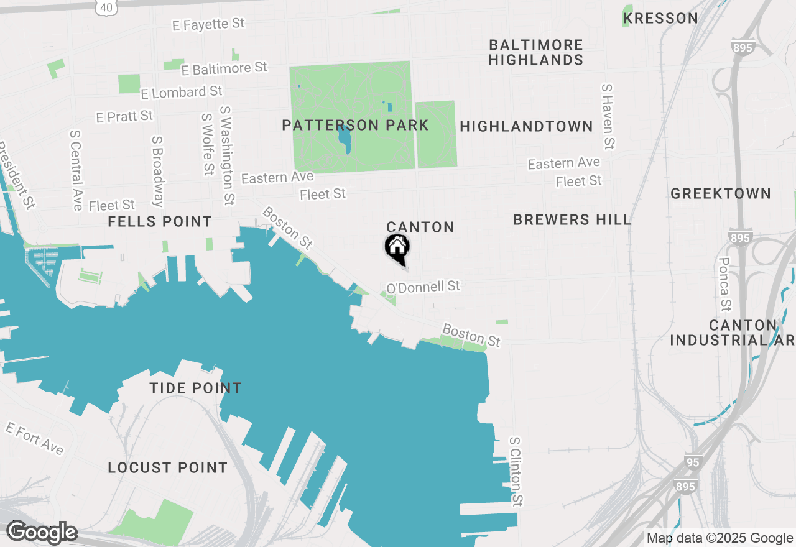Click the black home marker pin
pyautogui.click(x=397, y=248)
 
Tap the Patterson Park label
pyautogui.click(x=355, y=126)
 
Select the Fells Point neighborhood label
pyautogui.click(x=160, y=222)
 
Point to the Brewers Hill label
pyautogui.click(x=572, y=219)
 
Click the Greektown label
pyautogui.click(x=721, y=194)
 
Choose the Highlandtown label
pyautogui.click(x=526, y=127)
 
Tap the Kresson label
pyautogui.click(x=660, y=19)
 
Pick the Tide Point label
pyautogui.click(x=195, y=388)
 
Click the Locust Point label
pyautogui.click(x=168, y=467)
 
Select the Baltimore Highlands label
pyautogui.click(x=536, y=53)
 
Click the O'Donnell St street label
pyautogui.click(x=423, y=287)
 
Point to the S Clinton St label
pyautogui.click(x=516, y=471)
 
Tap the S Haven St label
pyautogui.click(x=608, y=116)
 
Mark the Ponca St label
pyautogui.click(x=724, y=283)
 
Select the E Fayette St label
pyautogui.click(x=208, y=24)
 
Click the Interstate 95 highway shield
pyautogui.click(x=693, y=462)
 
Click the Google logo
pyautogui.click(x=42, y=533)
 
